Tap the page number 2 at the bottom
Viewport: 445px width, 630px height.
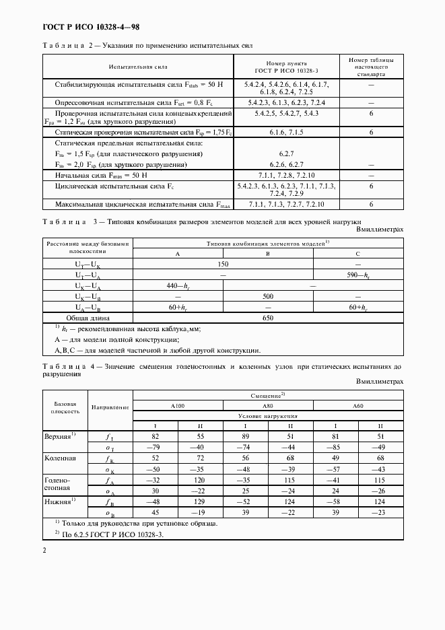coord(44,550)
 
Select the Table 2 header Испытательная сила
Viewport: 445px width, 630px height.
coord(138,68)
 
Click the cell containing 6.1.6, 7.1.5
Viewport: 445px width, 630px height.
coord(287,133)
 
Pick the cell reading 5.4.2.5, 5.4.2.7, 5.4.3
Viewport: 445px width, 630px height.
coord(287,114)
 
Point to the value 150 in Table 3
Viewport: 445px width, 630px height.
coord(223,265)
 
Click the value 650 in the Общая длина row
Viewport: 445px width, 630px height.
coord(268,318)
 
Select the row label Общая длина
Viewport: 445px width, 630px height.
coord(88,318)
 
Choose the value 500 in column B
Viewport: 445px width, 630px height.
coord(268,296)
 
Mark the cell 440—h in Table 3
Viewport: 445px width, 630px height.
coord(178,286)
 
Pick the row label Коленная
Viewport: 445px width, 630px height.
coord(61,458)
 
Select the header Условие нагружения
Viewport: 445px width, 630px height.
coord(268,417)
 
